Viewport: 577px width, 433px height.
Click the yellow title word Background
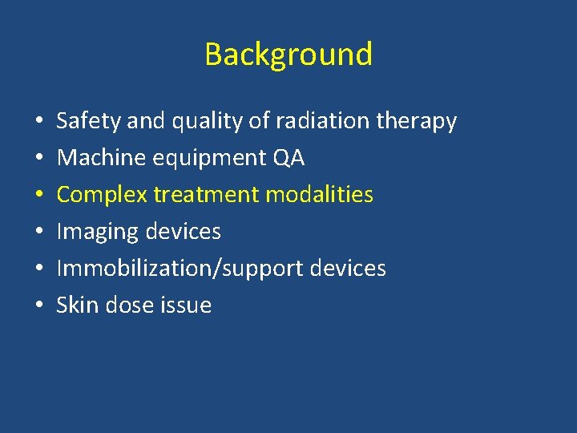[288, 55]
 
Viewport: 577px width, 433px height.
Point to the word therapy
[417, 122]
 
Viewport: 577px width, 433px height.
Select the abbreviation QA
[288, 158]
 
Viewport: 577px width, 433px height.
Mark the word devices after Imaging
[183, 232]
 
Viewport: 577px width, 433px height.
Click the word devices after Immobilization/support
[348, 269]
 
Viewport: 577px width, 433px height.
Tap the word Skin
[76, 306]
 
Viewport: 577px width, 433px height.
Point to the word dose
[129, 306]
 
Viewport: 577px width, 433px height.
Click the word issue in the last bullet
[188, 306]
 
